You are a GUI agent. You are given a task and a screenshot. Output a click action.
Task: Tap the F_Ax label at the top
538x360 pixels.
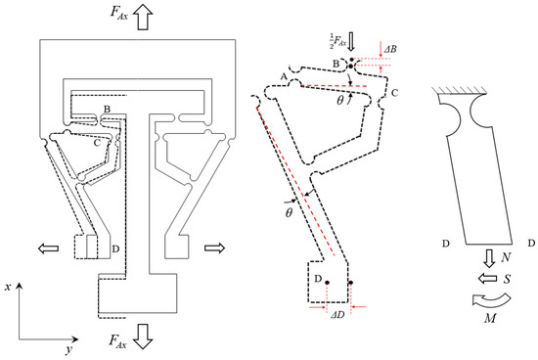point(119,13)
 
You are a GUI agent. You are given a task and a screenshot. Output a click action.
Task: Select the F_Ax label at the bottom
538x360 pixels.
point(118,341)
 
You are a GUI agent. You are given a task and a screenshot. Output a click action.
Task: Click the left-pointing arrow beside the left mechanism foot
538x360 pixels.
point(48,248)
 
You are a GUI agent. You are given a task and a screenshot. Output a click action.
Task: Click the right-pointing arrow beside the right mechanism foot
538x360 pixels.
point(214,247)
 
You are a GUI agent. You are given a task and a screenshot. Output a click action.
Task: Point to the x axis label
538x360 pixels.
point(8,287)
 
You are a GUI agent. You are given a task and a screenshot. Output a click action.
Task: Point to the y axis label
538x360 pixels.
point(69,349)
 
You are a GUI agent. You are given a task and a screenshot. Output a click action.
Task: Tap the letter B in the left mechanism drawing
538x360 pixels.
point(107,110)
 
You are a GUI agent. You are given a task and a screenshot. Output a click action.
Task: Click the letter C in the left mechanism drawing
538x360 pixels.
point(97,143)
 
